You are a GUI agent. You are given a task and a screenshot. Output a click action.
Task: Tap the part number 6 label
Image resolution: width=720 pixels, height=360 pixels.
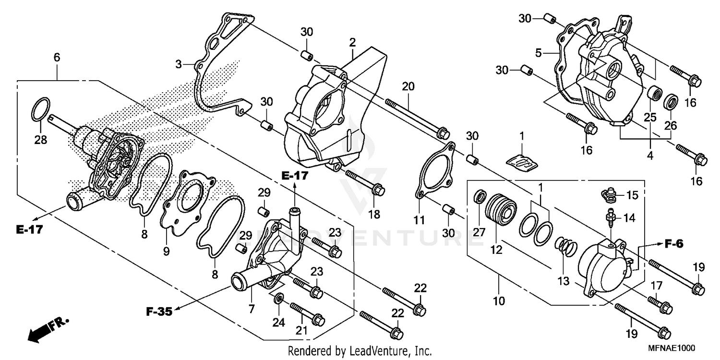57,57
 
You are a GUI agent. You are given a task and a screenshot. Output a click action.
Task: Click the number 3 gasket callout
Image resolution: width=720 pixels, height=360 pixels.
178,64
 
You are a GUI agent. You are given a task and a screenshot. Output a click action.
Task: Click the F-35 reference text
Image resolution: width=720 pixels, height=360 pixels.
159,312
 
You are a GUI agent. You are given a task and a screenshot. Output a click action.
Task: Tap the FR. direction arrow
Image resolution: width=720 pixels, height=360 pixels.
48,330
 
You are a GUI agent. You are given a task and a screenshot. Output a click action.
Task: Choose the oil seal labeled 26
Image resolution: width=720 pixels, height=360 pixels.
671,102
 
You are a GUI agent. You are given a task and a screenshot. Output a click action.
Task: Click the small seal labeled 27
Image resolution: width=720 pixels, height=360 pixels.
479,197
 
